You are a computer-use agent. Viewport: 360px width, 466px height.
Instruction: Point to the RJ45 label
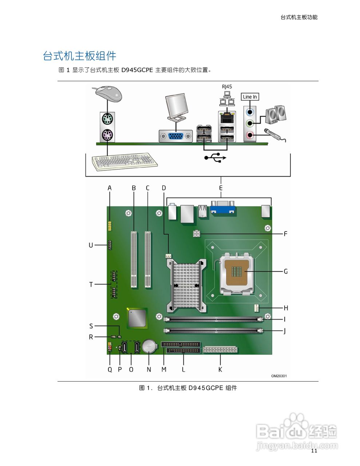pos(227,87)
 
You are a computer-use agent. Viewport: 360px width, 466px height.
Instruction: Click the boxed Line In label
pos(250,97)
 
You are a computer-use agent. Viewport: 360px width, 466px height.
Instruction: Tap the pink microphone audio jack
pos(249,135)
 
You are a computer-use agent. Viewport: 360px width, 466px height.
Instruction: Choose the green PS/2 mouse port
pos(107,119)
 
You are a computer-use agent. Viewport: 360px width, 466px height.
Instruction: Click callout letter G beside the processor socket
pos(286,272)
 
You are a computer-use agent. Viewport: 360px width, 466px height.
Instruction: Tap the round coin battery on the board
pos(149,346)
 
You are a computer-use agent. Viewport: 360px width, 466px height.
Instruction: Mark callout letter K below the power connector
pos(220,370)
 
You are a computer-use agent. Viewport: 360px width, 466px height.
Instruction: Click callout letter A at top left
pos(110,188)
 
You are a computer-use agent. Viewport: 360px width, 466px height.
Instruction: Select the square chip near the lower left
pos(137,318)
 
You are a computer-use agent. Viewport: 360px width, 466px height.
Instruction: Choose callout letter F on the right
pos(285,233)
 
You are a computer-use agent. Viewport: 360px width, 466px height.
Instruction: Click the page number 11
pos(314,451)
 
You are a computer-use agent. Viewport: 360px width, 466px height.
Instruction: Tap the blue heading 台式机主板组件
pos(80,56)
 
